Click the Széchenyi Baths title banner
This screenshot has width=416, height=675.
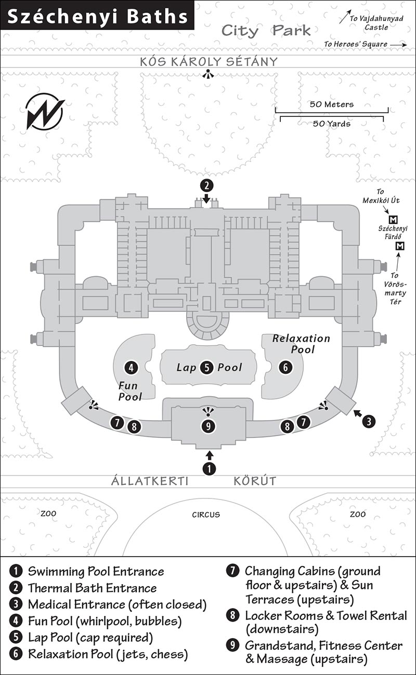coord(97,16)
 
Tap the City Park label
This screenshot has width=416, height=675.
coord(266,31)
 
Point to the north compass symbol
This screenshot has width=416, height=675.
coord(45,112)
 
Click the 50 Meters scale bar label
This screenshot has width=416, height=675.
coord(331,104)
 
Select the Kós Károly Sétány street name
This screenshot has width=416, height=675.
coord(209,61)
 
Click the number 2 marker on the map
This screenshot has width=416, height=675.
coord(207,186)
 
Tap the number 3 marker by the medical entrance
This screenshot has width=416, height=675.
coord(369,421)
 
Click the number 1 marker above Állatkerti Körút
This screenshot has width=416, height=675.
coord(209,468)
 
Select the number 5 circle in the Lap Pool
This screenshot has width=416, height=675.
coord(207,367)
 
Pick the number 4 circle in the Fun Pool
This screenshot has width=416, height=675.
coord(131,367)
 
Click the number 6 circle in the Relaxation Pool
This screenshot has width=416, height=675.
coord(285,367)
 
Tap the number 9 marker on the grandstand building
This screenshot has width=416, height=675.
coord(208,426)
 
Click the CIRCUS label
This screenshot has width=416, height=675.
coord(206,515)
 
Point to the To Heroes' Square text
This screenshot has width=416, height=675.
coord(356,44)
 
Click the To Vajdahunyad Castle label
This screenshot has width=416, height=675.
coord(376,23)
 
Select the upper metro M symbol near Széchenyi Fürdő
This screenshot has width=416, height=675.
coord(393,219)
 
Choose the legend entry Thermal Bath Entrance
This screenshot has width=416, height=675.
coord(92,588)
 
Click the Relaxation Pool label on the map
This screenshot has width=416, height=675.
coord(301,344)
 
